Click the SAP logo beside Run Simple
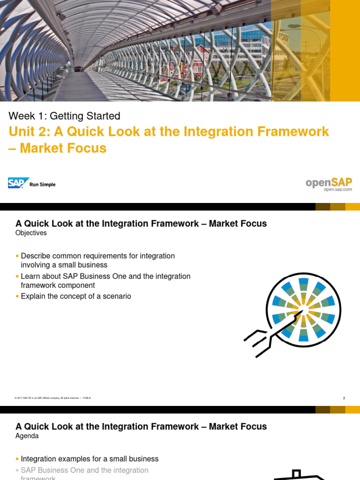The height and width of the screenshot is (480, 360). [18, 183]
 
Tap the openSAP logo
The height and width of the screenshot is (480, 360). [329, 182]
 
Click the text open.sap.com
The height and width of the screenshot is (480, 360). [337, 189]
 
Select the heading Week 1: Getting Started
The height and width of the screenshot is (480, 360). [65, 116]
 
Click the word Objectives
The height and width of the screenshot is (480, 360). [31, 232]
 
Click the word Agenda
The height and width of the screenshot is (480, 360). [27, 436]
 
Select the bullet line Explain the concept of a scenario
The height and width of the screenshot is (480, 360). [76, 296]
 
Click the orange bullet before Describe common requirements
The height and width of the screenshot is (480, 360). [18, 256]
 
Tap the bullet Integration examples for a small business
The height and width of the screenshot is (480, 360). [90, 459]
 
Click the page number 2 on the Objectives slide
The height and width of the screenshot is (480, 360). [344, 398]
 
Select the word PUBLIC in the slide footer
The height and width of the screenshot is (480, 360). [87, 398]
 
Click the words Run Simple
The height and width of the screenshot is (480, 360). [43, 185]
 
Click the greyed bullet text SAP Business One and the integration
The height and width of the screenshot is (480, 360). [84, 470]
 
